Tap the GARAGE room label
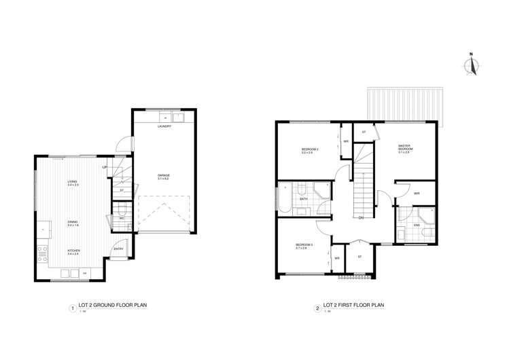tap(163, 175)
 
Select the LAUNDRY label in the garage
tap(164, 126)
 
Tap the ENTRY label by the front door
tap(118, 249)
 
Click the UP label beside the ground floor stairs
tap(105, 167)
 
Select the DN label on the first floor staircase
tap(361, 217)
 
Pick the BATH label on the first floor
tap(303, 198)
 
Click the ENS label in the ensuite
tap(415, 223)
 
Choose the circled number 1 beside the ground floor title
tap(73, 307)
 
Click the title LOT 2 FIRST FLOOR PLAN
tap(353, 306)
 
